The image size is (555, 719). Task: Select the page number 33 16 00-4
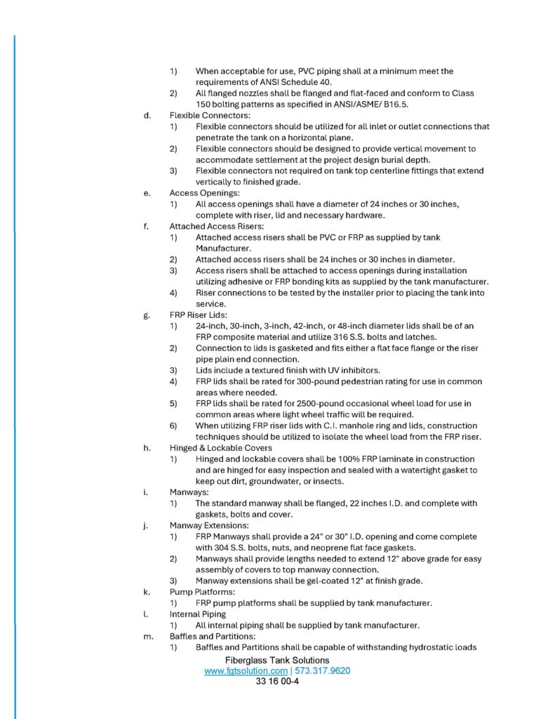coord(277,681)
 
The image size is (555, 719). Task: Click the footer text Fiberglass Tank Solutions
coord(277,661)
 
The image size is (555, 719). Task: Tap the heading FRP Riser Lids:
coord(198,315)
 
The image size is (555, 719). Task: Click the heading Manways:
coord(188,492)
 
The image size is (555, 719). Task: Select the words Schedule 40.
coord(318,82)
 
